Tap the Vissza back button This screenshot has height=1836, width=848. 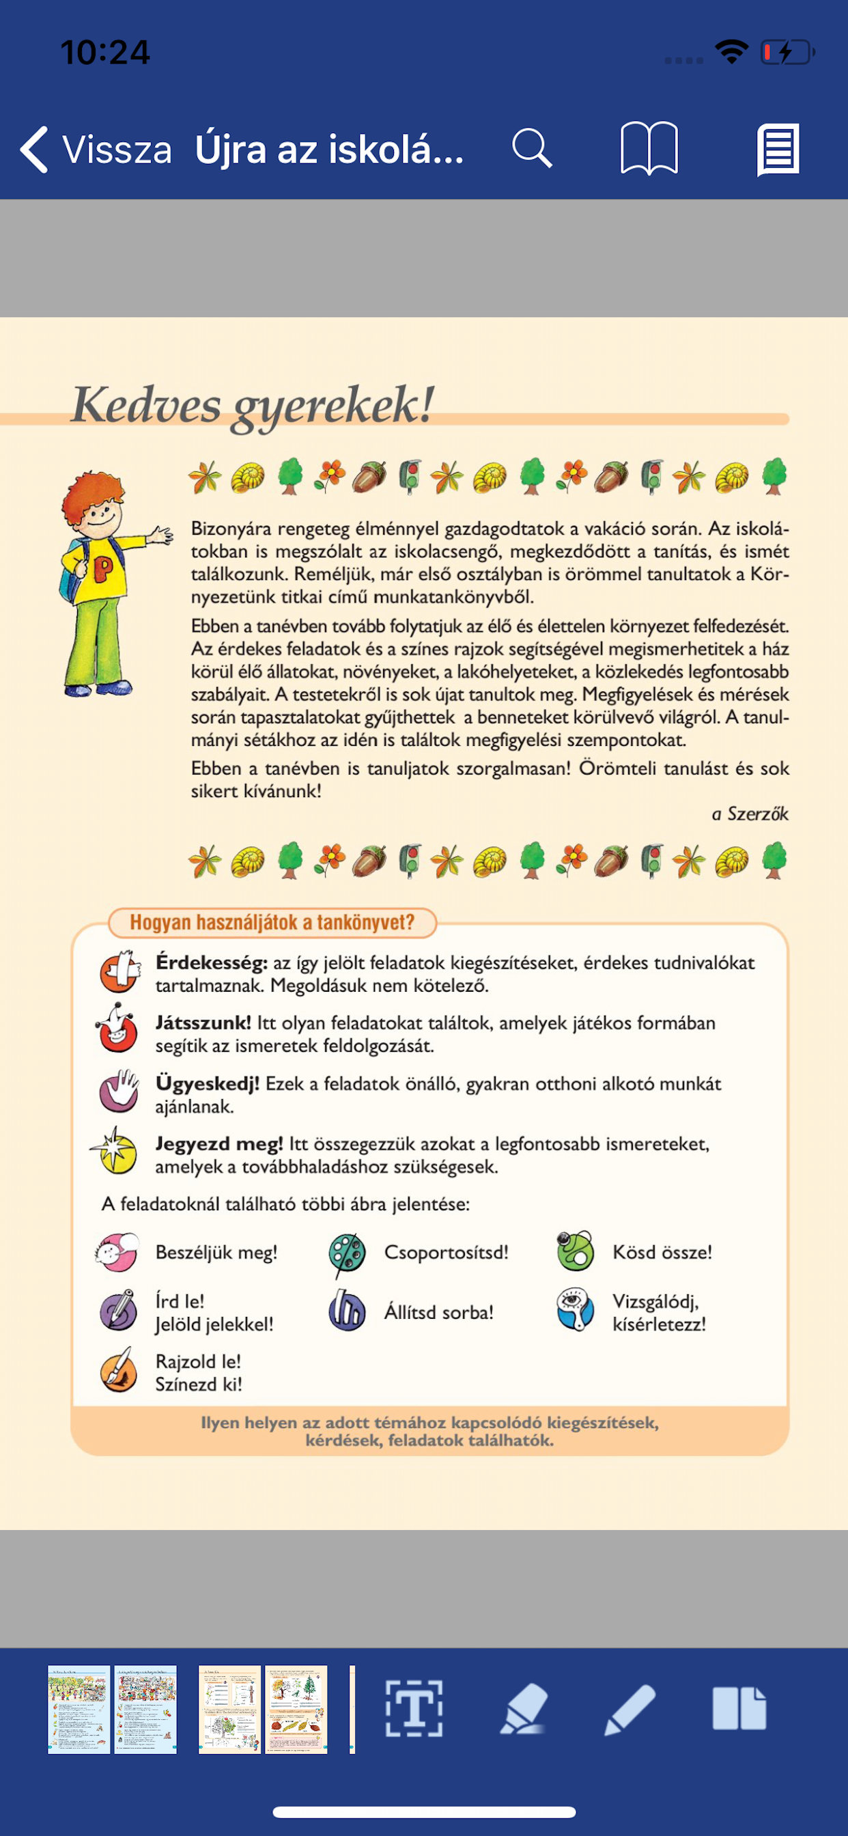96,150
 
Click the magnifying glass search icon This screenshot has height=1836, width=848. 532,148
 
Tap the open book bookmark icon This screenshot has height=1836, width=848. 649,148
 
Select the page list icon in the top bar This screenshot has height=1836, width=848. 778,149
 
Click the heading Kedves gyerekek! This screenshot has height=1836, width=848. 254,405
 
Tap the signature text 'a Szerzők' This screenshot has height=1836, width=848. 750,814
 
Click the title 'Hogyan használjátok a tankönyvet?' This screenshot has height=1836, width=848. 272,922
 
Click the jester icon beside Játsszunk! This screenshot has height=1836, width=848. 117,1029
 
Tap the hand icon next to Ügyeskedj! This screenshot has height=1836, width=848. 119,1091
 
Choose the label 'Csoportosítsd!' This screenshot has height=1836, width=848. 446,1252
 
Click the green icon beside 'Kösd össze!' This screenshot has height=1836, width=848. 575,1251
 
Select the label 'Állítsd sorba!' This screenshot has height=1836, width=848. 439,1312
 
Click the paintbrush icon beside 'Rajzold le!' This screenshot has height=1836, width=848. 119,1370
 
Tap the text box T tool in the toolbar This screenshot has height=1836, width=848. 414,1708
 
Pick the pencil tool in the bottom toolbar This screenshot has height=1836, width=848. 630,1709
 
